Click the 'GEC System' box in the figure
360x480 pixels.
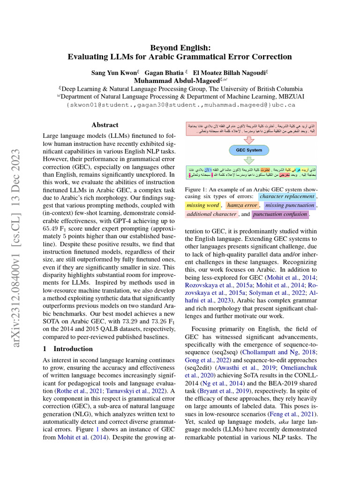(249, 150)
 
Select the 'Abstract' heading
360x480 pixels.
(105, 125)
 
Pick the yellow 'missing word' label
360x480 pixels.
(202, 205)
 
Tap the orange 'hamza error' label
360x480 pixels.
(242, 205)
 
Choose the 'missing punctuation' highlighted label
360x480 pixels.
(289, 205)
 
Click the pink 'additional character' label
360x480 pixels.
(211, 214)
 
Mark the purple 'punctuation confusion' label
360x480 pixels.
(280, 215)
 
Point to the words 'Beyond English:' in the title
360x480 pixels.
(180, 47)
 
